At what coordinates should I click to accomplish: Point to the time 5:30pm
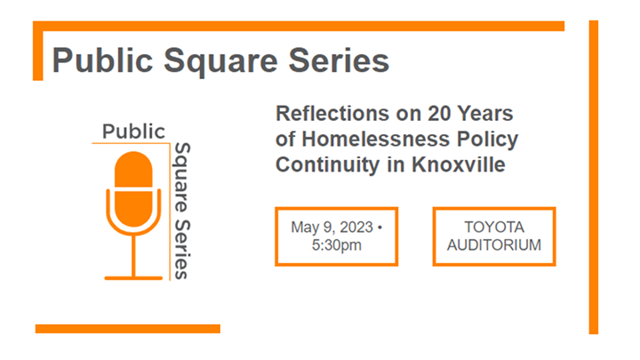point(337,244)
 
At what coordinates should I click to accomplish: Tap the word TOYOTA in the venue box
point(493,228)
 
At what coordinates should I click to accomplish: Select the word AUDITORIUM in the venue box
point(493,244)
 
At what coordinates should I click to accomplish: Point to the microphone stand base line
point(134,277)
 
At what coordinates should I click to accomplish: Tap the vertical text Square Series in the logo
point(181,210)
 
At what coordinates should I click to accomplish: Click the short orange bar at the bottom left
point(127,328)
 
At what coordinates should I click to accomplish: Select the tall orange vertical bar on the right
point(593,177)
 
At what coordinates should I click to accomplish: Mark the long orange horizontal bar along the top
point(302,27)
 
